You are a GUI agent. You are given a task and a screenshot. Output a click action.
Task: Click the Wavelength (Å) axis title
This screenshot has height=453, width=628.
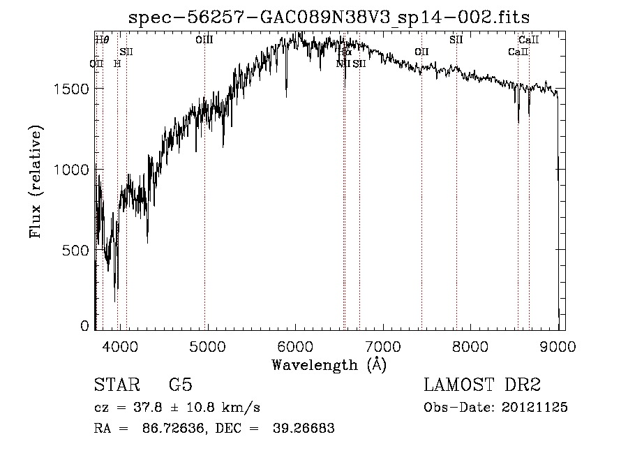[329, 364]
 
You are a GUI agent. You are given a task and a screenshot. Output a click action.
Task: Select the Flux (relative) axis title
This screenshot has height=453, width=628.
[36, 181]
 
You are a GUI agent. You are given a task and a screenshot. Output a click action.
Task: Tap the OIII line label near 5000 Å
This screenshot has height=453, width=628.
[204, 41]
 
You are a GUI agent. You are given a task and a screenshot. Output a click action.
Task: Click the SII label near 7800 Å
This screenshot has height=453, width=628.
[456, 40]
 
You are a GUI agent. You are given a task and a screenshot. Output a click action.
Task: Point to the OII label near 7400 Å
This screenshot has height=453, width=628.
[421, 52]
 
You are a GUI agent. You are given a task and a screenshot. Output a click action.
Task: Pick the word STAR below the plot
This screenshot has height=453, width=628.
[116, 385]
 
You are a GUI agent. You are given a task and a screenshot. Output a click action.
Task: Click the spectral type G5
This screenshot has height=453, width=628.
[181, 385]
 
